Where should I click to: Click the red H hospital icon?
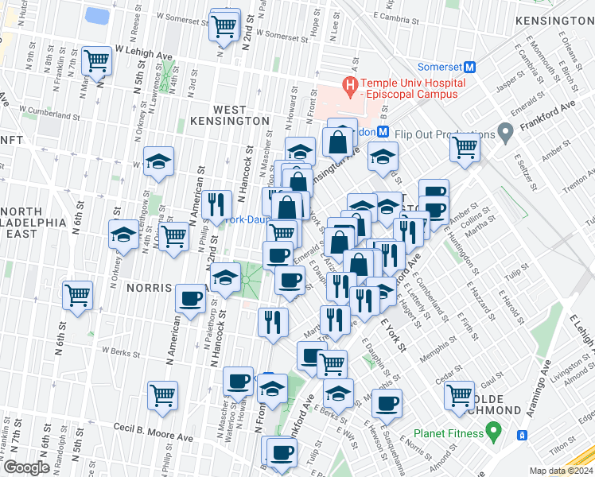[x=348, y=83]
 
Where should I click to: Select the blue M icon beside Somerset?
[x=469, y=68]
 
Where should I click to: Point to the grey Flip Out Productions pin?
[x=504, y=131]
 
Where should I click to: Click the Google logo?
[x=26, y=467]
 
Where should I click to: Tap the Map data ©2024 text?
[x=561, y=471]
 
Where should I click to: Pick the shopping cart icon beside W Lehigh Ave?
[x=96, y=60]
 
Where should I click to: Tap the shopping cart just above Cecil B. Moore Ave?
[x=163, y=394]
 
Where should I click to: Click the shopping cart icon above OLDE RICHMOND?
[x=460, y=394]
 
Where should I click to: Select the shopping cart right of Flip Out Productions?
[x=465, y=146]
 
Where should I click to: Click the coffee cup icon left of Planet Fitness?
[x=387, y=402]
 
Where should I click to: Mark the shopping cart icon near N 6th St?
[x=78, y=295]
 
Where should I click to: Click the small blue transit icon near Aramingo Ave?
[x=523, y=435]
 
